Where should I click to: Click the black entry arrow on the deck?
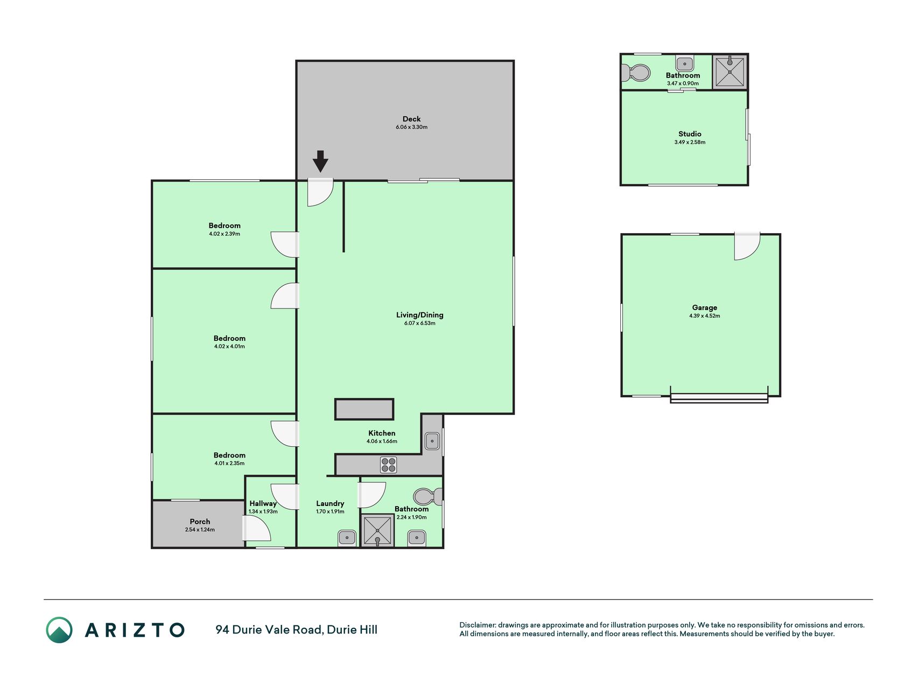point(320,161)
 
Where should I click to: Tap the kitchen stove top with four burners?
point(388,465)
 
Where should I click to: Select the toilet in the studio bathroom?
point(636,73)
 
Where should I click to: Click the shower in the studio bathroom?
point(730,72)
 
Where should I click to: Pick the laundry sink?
point(347,538)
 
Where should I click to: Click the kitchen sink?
point(432,441)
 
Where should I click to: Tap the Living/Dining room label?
point(420,315)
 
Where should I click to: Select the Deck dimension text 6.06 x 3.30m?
point(412,127)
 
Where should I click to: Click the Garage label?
point(705,307)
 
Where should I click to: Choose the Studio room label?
point(690,134)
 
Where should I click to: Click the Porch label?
point(200,522)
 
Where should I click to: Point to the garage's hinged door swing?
point(747,246)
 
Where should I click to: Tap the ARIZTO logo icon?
point(59,630)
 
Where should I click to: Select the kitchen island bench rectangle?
point(364,409)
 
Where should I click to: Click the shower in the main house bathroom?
point(377,531)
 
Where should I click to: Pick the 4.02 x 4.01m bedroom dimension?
point(229,347)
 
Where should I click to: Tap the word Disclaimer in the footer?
point(478,625)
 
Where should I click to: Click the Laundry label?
point(330,504)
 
